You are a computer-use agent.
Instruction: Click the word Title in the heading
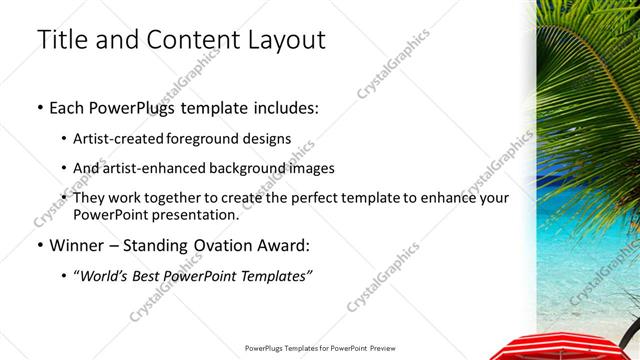click(62, 41)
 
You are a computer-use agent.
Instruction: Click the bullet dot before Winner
click(39, 245)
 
